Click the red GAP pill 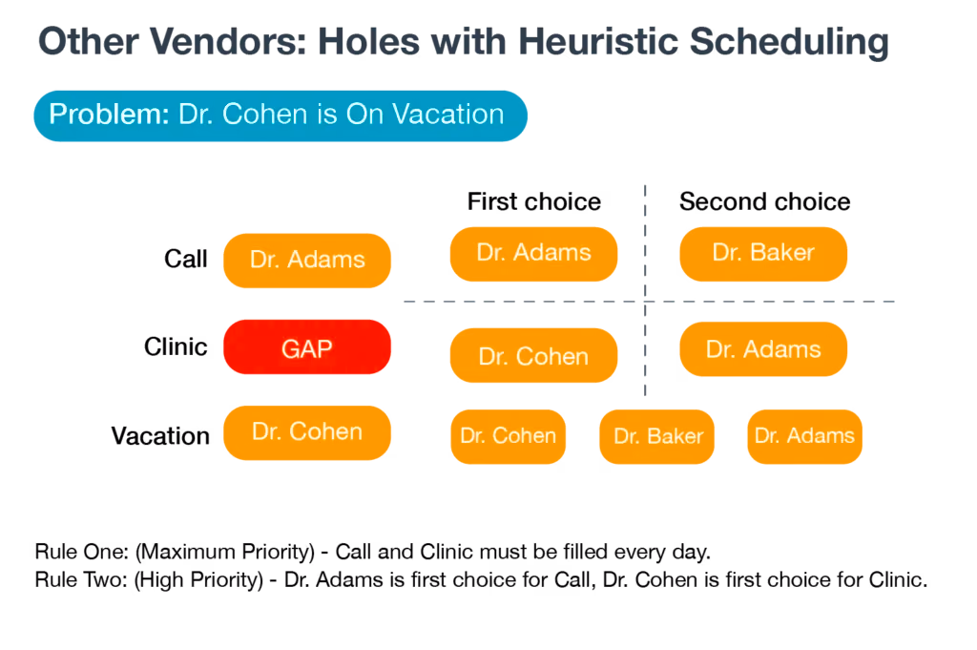click(x=307, y=347)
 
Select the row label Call click(x=186, y=259)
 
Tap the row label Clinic click(x=176, y=346)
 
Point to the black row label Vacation click(x=160, y=435)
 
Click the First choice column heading click(x=534, y=201)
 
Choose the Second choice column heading click(x=764, y=201)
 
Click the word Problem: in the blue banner click(x=109, y=114)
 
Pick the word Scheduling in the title click(x=789, y=43)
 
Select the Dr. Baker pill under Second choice click(x=763, y=254)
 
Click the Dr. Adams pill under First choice click(x=534, y=254)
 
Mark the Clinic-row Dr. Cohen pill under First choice click(x=534, y=355)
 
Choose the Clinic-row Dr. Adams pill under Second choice click(x=763, y=349)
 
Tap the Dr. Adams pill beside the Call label click(x=307, y=261)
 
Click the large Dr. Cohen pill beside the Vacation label click(x=307, y=433)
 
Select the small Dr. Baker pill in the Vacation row click(x=656, y=437)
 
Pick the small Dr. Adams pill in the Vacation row click(x=805, y=437)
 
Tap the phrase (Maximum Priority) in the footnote click(x=225, y=552)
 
